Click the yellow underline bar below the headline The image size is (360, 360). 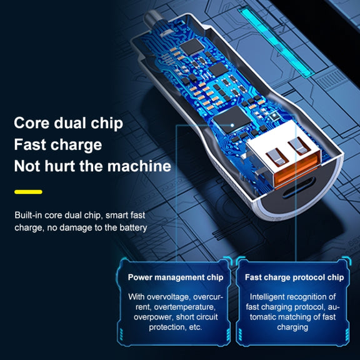point(28,192)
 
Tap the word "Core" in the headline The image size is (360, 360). point(32,123)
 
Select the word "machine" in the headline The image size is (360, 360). point(139,166)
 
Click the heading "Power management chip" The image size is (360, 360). point(176,277)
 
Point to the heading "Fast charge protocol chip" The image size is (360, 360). point(294,277)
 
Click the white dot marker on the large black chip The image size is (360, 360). point(232,126)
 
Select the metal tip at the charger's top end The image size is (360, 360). point(152,19)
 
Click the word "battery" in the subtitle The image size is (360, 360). point(133,227)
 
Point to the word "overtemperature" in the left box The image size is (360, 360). point(184,307)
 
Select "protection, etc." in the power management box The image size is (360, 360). point(176,327)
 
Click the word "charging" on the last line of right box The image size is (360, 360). point(292,327)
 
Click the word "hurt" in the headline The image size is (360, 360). point(60,166)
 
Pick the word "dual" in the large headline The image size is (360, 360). point(70,123)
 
